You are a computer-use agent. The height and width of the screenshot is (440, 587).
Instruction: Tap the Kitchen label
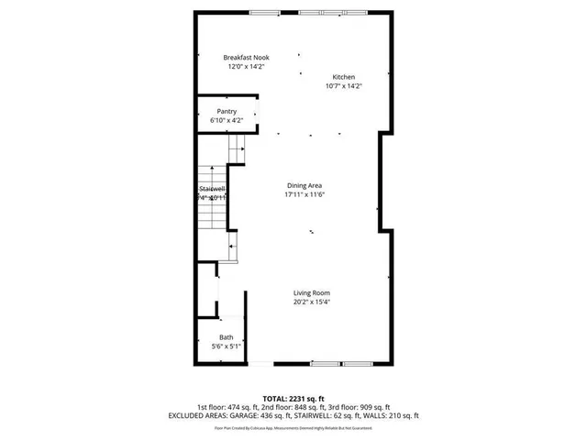click(344, 77)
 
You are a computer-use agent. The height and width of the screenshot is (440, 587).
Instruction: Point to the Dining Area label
click(305, 185)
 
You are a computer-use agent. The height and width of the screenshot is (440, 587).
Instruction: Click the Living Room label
click(311, 293)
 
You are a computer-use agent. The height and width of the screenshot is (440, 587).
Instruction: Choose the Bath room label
click(226, 338)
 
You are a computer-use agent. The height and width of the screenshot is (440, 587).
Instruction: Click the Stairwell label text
click(211, 189)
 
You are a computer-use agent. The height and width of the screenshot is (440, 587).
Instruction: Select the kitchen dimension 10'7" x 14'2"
click(344, 86)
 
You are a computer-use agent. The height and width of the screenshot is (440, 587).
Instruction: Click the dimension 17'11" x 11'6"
click(305, 194)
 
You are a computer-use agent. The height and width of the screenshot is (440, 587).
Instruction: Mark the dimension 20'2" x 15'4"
click(311, 302)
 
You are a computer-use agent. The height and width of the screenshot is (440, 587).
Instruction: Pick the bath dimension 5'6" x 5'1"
click(226, 346)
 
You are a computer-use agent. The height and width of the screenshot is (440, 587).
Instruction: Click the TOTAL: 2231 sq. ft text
click(293, 398)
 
